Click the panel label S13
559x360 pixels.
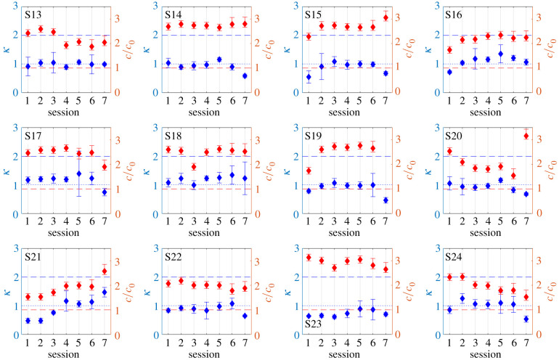(33, 15)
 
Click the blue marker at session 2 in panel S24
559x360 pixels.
(462, 298)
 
